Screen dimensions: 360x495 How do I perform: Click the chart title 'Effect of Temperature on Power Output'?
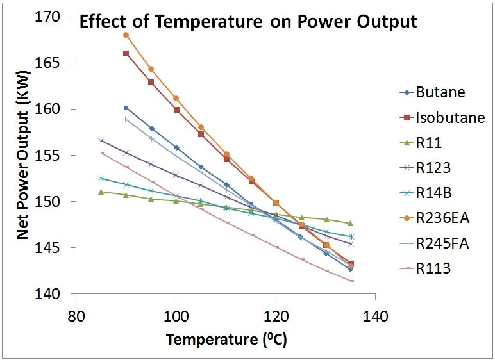[x=247, y=22]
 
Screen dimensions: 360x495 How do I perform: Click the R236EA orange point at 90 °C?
[x=126, y=35]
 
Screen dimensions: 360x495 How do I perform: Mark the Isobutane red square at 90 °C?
[x=126, y=54]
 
